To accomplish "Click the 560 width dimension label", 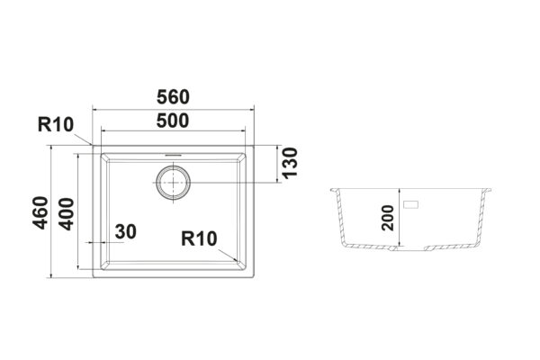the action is click(x=173, y=97).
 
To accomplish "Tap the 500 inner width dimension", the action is click(x=173, y=121).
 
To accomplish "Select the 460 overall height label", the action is click(x=40, y=212).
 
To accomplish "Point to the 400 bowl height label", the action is click(x=66, y=214).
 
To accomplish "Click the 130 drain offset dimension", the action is click(x=290, y=163).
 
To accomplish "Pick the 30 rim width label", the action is click(x=126, y=231).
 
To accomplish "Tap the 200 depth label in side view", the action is click(x=388, y=218).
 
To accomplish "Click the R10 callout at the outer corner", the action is click(x=56, y=124).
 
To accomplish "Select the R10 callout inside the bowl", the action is click(x=199, y=238).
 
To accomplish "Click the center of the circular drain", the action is click(x=173, y=182).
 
